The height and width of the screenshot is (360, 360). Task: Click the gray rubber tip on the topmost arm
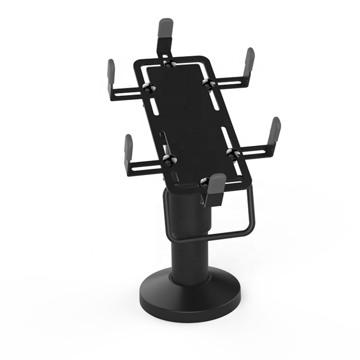[166, 29]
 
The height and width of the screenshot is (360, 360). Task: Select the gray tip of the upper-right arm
[250, 59]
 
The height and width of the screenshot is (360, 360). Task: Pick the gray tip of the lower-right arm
[275, 128]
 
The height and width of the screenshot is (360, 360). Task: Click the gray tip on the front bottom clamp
[216, 183]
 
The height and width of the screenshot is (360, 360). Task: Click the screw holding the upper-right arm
[208, 83]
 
